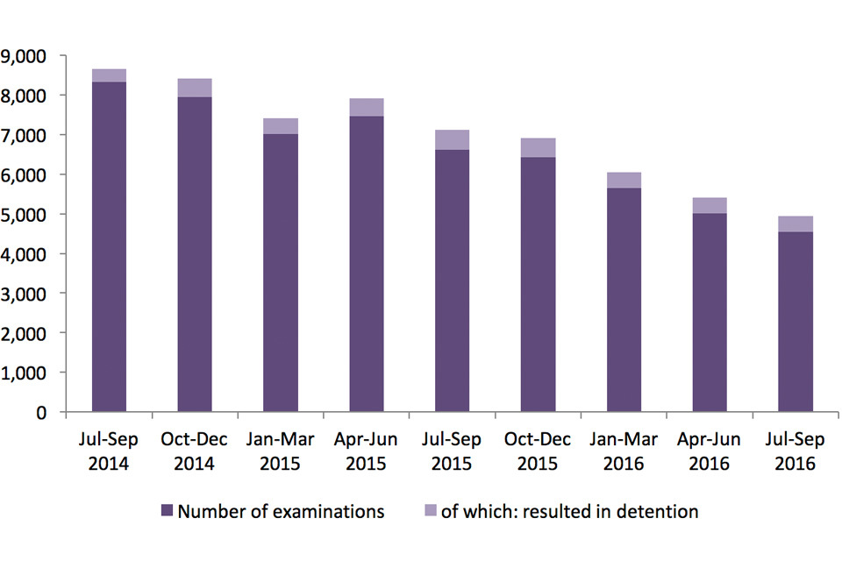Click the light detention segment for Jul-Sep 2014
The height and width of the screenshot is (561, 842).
coord(109,75)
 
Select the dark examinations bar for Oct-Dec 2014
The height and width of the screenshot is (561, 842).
coord(195,254)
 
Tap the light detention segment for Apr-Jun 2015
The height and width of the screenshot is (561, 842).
coord(367,107)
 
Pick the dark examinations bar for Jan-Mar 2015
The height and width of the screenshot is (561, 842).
coord(281,272)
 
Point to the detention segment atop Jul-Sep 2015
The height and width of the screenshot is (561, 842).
coord(453,139)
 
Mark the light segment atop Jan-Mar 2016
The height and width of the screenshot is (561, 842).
coord(624,180)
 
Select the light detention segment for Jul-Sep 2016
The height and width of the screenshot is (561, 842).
coord(796,224)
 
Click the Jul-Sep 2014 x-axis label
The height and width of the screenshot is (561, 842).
coord(109,451)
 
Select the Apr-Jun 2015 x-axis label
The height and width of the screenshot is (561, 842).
coord(367,451)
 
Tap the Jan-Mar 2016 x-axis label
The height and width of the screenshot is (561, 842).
coord(624,451)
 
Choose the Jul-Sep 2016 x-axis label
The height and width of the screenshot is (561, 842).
coord(796,451)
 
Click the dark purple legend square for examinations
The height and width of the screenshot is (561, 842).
coord(167,511)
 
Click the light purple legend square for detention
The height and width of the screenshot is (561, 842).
coord(429,511)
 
